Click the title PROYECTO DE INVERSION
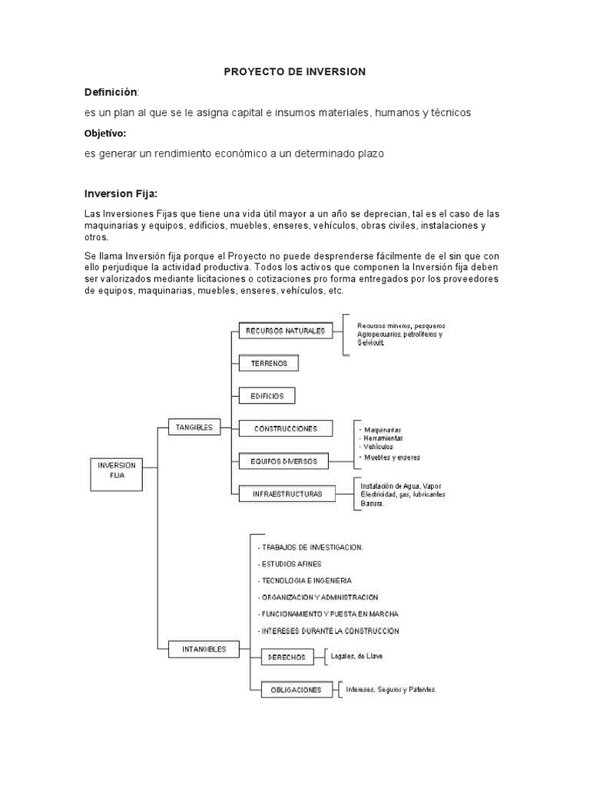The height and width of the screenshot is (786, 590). coord(295,71)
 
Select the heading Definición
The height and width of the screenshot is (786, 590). coord(111,92)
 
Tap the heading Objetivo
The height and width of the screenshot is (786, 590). coord(105,134)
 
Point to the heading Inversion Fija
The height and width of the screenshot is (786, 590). coord(120,193)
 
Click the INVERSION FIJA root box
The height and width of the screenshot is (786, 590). coord(117,470)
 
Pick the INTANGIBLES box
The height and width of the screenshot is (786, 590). coord(204,649)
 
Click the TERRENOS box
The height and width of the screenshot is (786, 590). coord(269,363)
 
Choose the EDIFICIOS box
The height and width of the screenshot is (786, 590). coord(267,396)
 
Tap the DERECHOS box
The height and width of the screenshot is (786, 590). coord(288,657)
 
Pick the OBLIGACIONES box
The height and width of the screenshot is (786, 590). coord(297,690)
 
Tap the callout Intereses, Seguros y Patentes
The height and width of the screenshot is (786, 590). coord(391,689)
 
